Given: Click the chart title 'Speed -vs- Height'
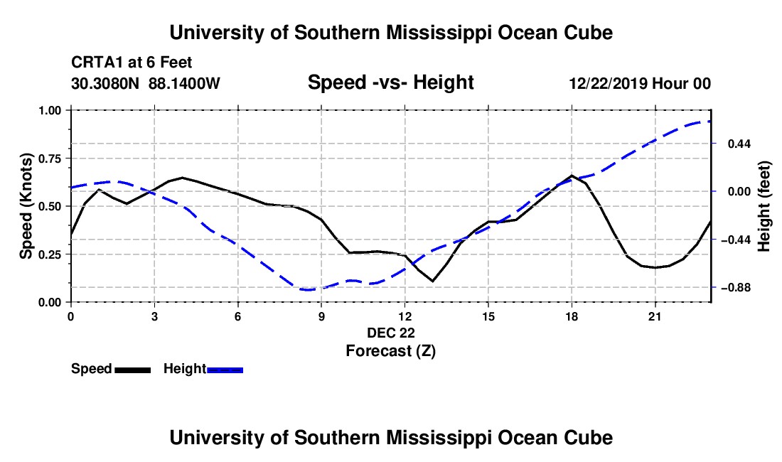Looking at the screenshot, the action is pos(390,82).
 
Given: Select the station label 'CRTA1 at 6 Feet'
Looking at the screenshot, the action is pos(132,63).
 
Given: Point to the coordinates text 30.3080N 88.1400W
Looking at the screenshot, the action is pos(146,83).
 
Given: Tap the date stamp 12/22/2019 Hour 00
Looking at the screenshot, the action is pos(640,83).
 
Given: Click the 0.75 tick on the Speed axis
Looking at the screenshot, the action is pos(50,159).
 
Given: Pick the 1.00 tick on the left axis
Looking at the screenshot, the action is pos(50,110).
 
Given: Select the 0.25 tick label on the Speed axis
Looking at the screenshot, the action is pos(50,254).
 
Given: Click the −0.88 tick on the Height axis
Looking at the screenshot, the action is pos(732,288).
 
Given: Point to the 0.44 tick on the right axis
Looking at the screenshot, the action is pos(739,144).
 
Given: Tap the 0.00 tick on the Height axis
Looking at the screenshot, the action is pos(739,192).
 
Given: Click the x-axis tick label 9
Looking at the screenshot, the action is pos(321,316).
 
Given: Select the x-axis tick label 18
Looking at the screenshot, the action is pos(572,316).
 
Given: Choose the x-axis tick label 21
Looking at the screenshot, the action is pos(655,316).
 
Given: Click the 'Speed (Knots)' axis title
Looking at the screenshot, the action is pos(26,206).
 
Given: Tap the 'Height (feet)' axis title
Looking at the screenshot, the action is pos(764,206).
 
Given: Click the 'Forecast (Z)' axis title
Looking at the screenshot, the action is pos(390,351).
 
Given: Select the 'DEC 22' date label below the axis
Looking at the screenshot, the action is pos(390,333).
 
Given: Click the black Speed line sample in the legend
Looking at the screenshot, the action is pos(133,370).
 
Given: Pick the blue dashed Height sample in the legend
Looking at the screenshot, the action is pos(225,370).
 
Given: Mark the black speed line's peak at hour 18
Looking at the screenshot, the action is pos(572,176).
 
